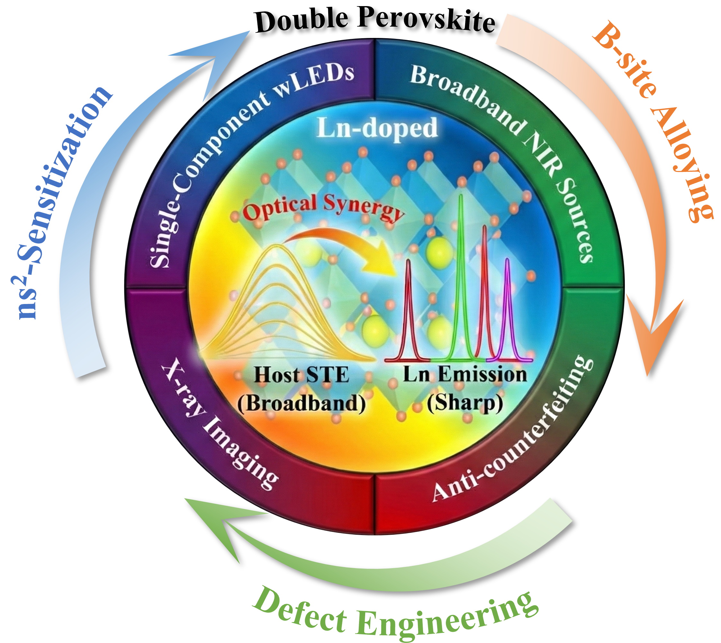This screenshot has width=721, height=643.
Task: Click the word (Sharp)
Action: (x=465, y=403)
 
